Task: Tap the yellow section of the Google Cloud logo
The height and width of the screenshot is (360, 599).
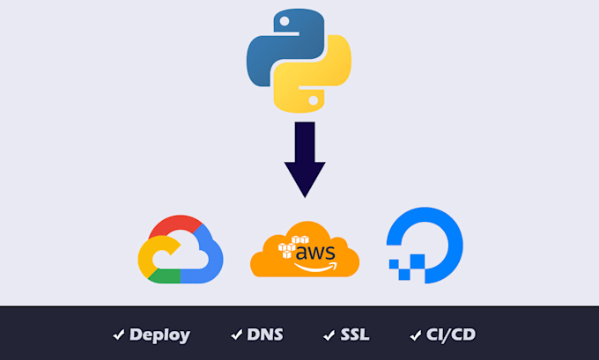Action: click(x=146, y=255)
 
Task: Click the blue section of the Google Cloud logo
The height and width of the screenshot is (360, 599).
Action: click(x=208, y=260)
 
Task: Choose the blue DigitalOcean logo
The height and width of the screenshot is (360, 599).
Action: click(x=426, y=242)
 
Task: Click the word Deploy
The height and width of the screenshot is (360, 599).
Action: click(x=159, y=334)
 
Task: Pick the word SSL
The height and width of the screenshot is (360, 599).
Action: click(x=354, y=334)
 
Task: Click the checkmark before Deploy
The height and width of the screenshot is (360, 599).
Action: click(x=118, y=334)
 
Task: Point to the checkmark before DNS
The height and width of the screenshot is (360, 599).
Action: click(x=236, y=334)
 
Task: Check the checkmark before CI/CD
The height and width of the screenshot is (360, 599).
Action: click(x=415, y=334)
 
